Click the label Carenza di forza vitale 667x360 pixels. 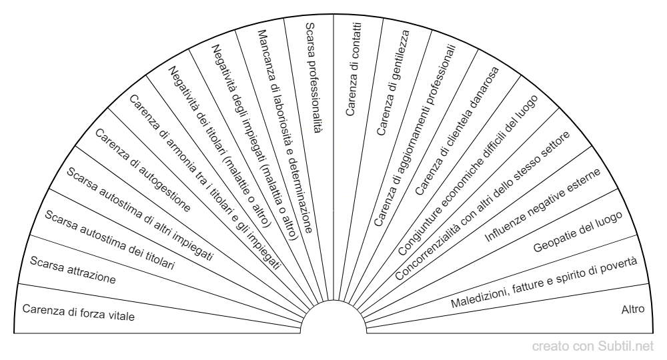point(79,313)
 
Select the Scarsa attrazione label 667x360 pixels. point(73,270)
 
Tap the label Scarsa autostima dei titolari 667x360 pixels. point(110,240)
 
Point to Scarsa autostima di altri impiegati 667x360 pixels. point(140,214)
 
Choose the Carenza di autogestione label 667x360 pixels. point(143,170)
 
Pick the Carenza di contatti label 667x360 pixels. point(353,69)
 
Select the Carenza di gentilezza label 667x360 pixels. point(393,83)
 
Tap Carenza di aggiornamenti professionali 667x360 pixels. point(415,135)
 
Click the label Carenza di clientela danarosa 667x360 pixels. point(456,131)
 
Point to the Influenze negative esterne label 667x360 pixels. point(542,205)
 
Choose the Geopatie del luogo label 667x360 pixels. point(578,231)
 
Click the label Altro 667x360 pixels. point(633,309)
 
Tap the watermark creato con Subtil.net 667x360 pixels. point(592,347)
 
